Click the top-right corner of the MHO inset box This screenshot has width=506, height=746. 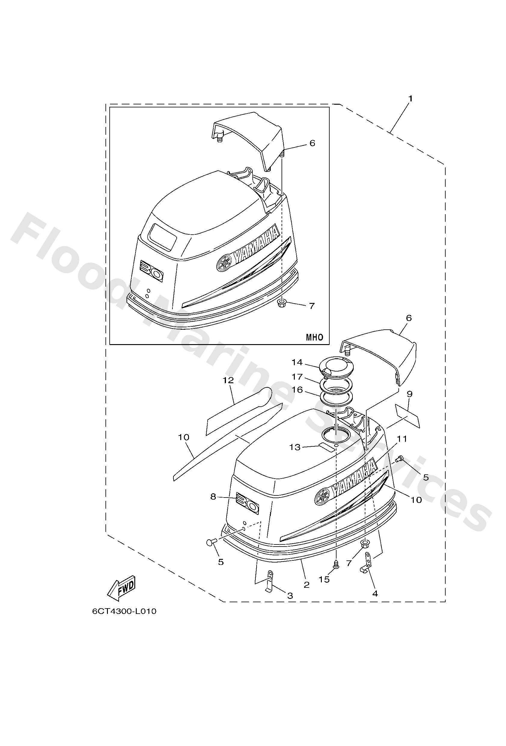[x=329, y=107]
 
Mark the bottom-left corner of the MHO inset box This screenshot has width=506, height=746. [x=110, y=344]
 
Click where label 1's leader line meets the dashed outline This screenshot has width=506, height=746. [x=392, y=132]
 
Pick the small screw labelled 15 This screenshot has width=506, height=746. [x=336, y=566]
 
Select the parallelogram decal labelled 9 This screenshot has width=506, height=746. [x=407, y=416]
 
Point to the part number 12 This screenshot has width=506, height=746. [x=228, y=381]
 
